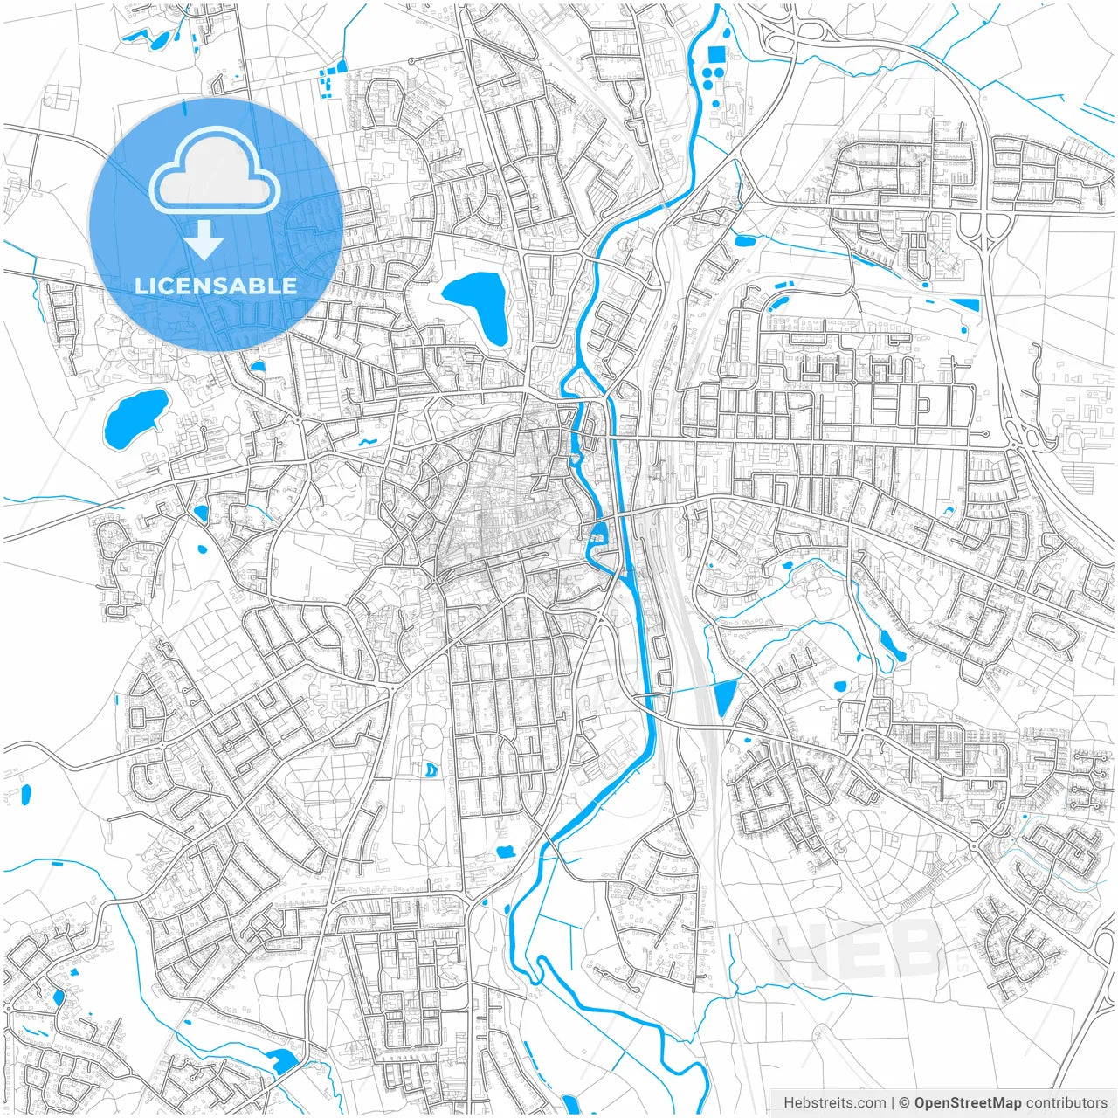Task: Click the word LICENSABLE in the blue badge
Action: pyautogui.click(x=216, y=286)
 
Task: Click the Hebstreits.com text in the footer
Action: pyautogui.click(x=834, y=1102)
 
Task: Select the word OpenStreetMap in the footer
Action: pyautogui.click(x=967, y=1102)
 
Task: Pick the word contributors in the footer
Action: pyautogui.click(x=1066, y=1102)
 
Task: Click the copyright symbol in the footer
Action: pyautogui.click(x=905, y=1102)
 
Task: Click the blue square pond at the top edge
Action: pyautogui.click(x=716, y=54)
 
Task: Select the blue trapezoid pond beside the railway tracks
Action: pyautogui.click(x=725, y=698)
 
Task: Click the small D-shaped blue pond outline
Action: pyautogui.click(x=431, y=769)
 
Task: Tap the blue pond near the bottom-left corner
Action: pyautogui.click(x=281, y=1060)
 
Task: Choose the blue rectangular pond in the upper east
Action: pyautogui.click(x=964, y=305)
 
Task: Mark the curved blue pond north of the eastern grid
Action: pyautogui.click(x=776, y=303)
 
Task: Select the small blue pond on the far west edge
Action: pyautogui.click(x=25, y=795)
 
